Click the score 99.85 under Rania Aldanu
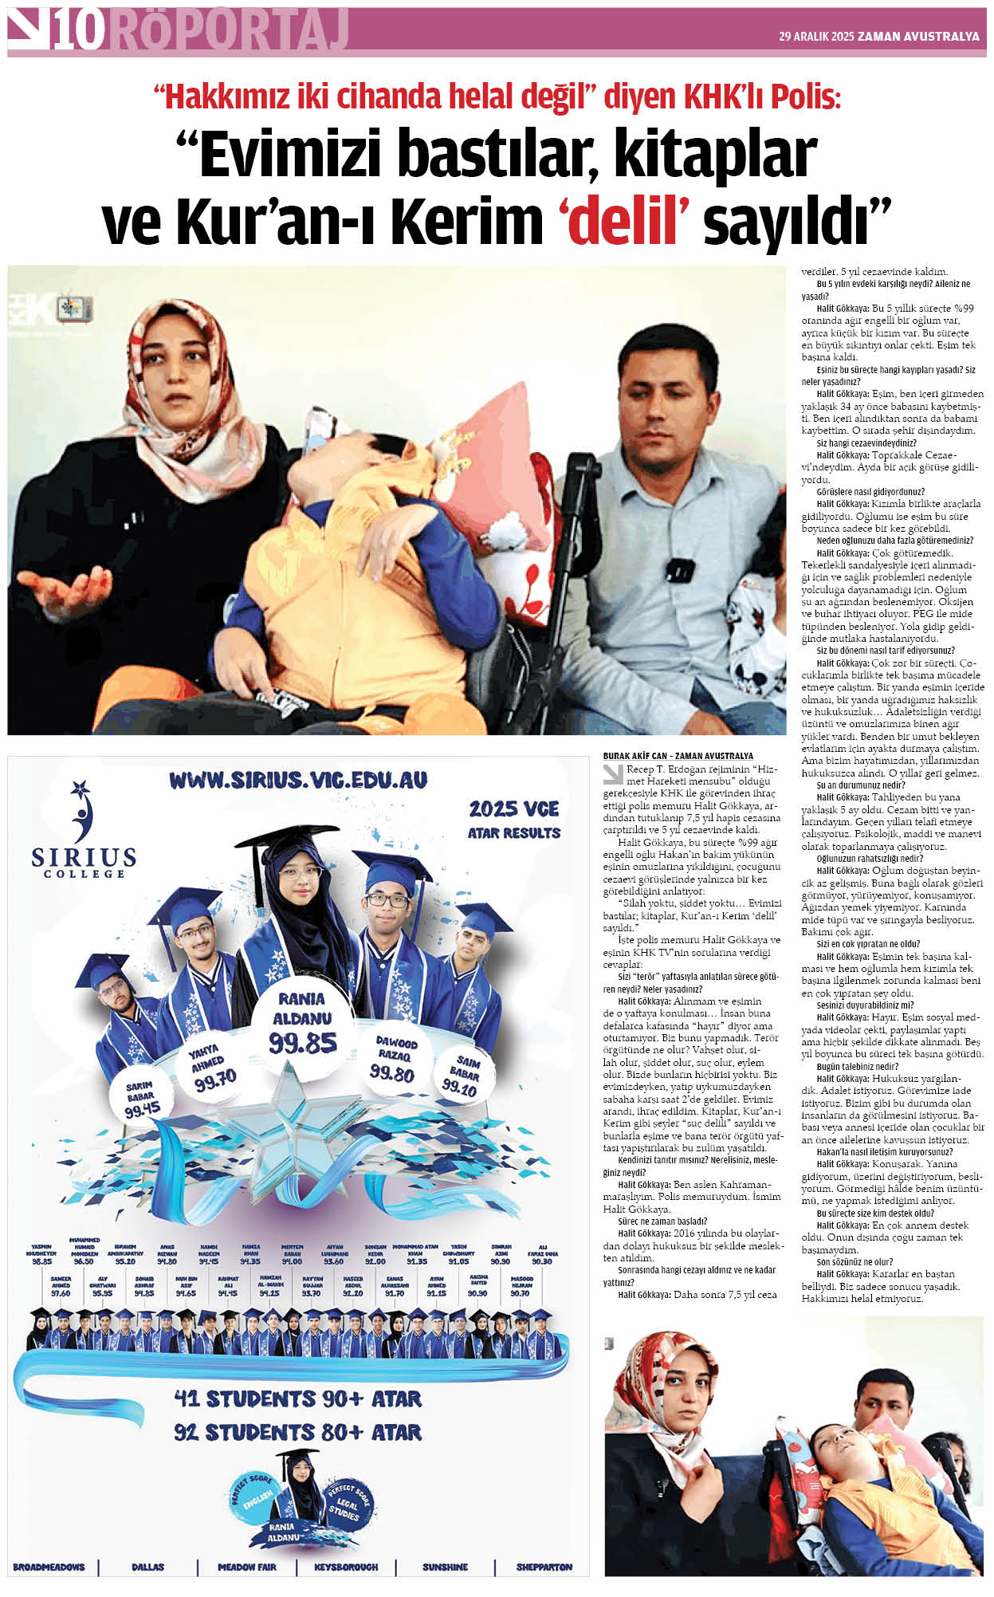click(302, 1043)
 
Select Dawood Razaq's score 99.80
click(391, 1074)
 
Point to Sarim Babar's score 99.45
click(143, 1110)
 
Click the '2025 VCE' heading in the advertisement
click(514, 809)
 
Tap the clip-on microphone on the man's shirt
click(679, 570)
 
